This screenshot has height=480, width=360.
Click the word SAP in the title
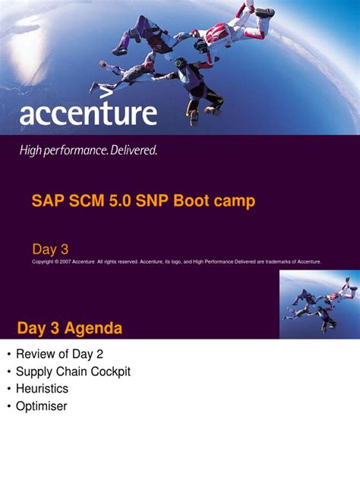[46, 201]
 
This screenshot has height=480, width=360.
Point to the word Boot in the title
[194, 201]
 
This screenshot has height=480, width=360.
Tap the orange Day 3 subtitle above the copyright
[50, 249]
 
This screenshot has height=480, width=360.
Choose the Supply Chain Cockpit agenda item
[73, 371]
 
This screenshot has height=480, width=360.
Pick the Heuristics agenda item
[42, 389]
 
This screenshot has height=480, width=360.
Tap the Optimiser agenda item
[42, 406]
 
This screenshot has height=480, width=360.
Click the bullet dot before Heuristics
[8, 389]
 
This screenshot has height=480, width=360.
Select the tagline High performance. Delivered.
[88, 150]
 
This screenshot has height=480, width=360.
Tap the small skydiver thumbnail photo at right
[319, 302]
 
